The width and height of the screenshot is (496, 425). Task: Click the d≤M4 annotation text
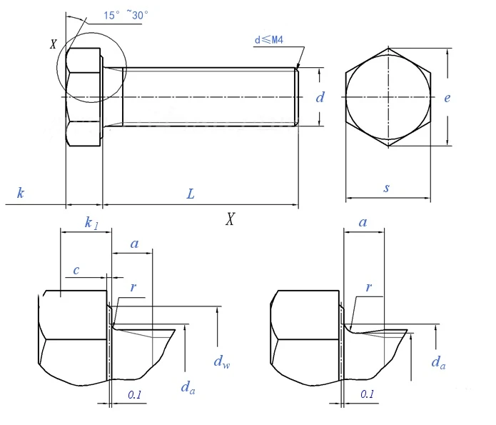[x=269, y=40]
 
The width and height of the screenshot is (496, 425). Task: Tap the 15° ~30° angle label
[x=126, y=15]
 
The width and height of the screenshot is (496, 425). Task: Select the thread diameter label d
[x=320, y=97]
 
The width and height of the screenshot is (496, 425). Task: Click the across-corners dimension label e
[x=447, y=98]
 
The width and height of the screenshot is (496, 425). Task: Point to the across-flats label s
[x=387, y=188]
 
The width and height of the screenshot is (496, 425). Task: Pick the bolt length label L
[x=191, y=194]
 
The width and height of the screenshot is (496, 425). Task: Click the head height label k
[x=21, y=193]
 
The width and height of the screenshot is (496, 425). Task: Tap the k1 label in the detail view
[x=91, y=223]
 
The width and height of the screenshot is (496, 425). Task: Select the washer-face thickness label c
[x=76, y=270]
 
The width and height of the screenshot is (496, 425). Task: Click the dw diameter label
[x=222, y=361]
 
